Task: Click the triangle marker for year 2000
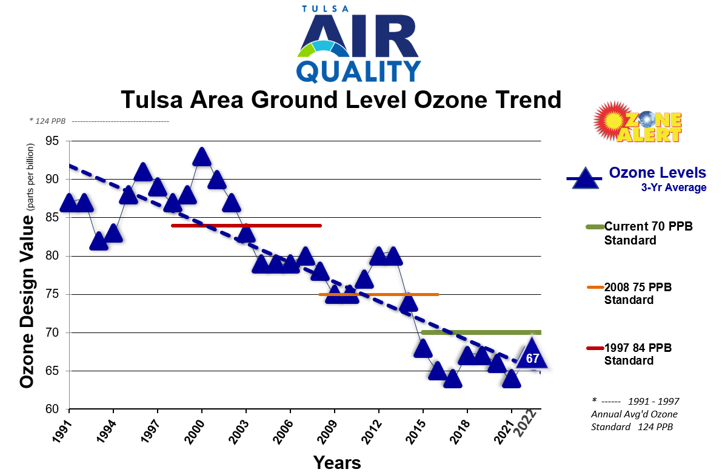(202, 158)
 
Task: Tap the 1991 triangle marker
(69, 204)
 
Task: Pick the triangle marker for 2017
(452, 380)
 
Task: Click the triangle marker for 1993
(99, 242)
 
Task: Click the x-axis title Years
(337, 462)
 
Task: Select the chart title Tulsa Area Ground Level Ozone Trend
(341, 99)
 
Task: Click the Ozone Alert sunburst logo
(637, 121)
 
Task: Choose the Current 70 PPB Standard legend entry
(648, 233)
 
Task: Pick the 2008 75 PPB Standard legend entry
(638, 294)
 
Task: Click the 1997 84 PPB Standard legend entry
(638, 354)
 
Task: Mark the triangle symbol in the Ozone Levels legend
(584, 178)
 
